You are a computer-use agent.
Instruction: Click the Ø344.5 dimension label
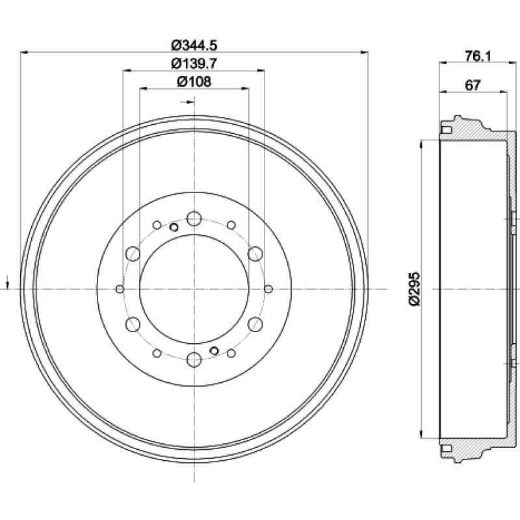tap(194, 45)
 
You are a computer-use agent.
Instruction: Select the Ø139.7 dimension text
tap(194, 63)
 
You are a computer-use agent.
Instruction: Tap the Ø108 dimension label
tap(194, 82)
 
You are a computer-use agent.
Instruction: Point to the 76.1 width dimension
tap(478, 56)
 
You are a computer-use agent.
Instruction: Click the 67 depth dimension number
tap(473, 86)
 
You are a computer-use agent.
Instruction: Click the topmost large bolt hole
tap(194, 218)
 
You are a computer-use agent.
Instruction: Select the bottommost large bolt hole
tap(194, 359)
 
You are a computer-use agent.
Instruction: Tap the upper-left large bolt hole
tap(133, 253)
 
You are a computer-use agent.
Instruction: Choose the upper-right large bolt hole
tap(255, 253)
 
